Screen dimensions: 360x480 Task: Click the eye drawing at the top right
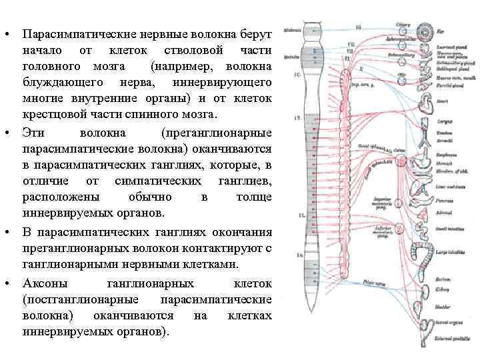tap(425, 31)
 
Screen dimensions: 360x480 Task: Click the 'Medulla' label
tap(291, 58)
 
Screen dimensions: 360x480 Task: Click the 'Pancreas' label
tap(445, 199)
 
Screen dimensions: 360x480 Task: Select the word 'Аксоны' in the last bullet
tap(43, 283)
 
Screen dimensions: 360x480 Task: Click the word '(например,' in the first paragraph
tap(181, 66)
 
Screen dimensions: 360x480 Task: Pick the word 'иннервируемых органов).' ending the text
tap(96, 331)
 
